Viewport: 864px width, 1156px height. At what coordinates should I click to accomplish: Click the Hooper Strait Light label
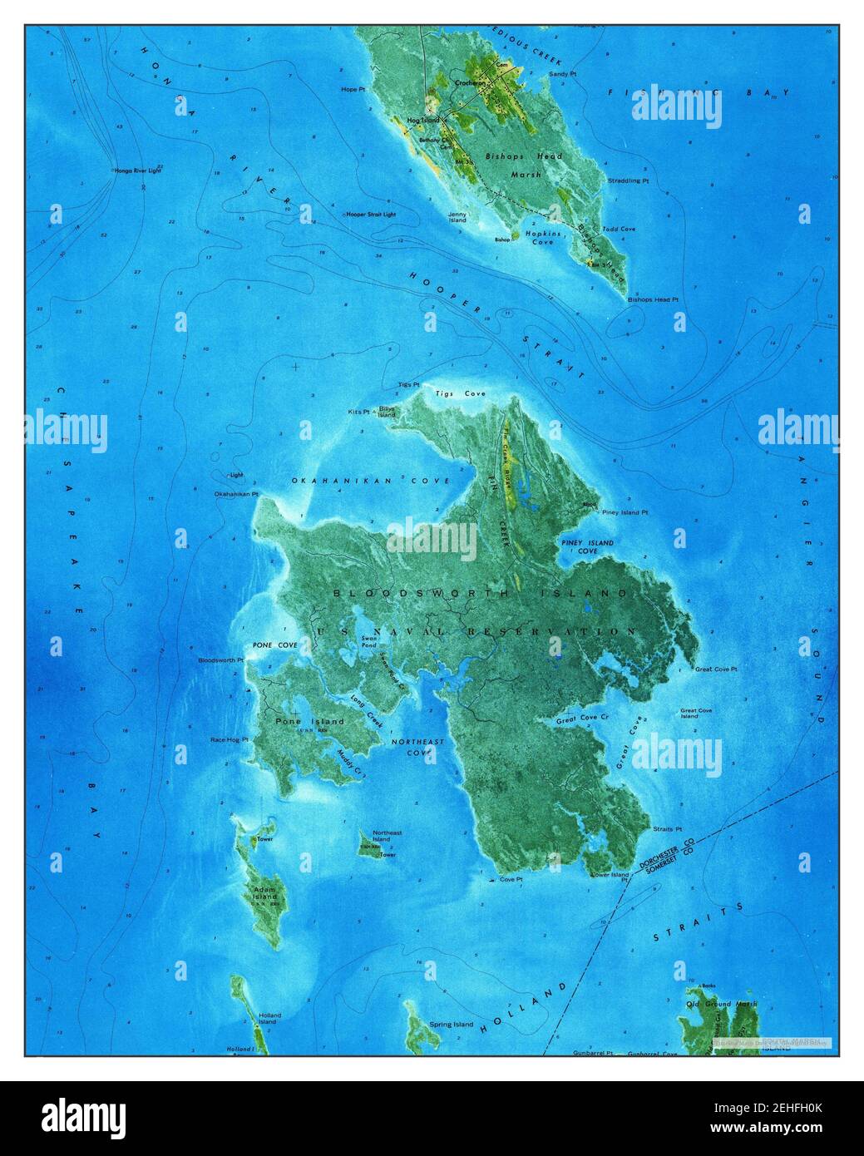[x=373, y=214]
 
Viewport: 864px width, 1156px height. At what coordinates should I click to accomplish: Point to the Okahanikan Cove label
[x=370, y=481]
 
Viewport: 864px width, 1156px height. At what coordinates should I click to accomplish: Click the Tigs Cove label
[x=463, y=393]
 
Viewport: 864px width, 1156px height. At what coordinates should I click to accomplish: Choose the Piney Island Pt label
[x=625, y=512]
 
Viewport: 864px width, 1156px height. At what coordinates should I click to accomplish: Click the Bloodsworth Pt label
[x=220, y=660]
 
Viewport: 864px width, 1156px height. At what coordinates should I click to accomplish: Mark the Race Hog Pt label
[x=229, y=739]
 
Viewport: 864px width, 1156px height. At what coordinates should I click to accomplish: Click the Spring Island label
[x=451, y=1025]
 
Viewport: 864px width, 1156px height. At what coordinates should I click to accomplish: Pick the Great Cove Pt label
[x=715, y=669]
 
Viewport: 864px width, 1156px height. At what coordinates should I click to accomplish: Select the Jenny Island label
[x=457, y=219]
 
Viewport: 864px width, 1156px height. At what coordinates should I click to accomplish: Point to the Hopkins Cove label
[x=541, y=238]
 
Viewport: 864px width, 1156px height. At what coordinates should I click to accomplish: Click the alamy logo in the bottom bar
[x=83, y=1117]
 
